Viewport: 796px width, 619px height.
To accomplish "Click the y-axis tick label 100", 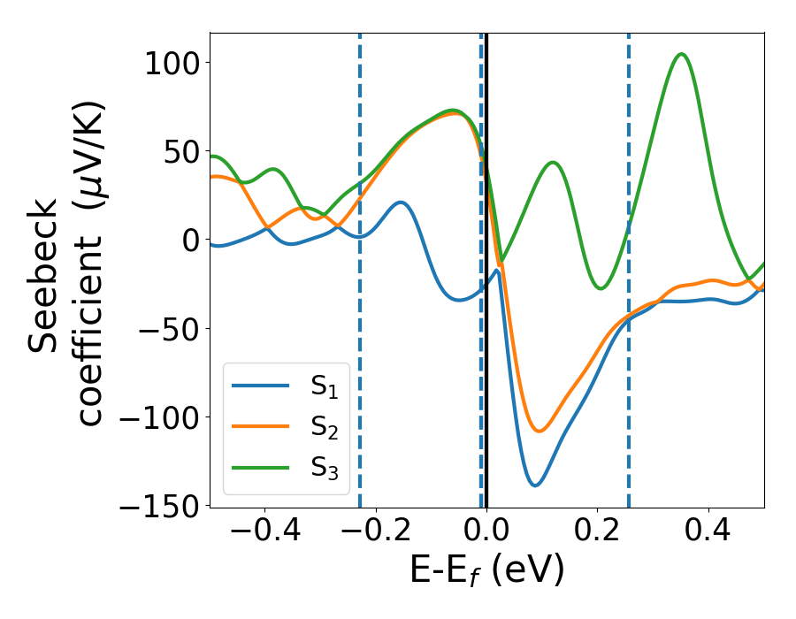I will point(172,63).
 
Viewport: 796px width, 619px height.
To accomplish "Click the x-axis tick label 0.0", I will point(486,533).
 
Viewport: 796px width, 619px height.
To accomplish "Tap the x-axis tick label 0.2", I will point(597,533).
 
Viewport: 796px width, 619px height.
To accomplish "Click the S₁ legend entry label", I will point(324,386).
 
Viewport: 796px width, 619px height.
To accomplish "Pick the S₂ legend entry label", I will point(324,427).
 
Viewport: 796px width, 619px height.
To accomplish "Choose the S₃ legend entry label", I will point(324,468).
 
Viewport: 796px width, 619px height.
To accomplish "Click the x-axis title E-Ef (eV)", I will point(486,572).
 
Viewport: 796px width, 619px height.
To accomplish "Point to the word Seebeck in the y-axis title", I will point(44,276).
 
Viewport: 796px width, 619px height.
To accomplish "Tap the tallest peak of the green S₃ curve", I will point(681,54).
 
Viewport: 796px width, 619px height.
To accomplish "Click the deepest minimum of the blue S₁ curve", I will point(535,485).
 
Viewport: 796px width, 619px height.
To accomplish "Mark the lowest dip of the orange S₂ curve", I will point(539,431).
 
